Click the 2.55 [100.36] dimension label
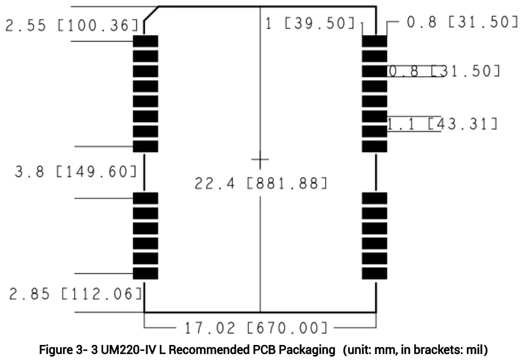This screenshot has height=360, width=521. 72,25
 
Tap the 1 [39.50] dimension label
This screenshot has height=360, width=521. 310,23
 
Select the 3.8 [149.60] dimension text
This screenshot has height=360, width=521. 76,171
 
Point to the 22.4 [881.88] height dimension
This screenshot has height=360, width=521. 261,183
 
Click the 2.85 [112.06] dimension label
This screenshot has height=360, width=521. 76,294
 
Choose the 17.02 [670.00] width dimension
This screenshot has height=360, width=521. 256,328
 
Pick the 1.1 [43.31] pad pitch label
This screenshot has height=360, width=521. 442,124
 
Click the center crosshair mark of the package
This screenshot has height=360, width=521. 260,160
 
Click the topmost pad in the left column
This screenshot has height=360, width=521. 146,41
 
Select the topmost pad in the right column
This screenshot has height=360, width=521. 375,41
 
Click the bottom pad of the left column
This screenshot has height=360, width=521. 146,274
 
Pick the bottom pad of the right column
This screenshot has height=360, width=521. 375,274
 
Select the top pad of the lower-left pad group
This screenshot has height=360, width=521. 146,198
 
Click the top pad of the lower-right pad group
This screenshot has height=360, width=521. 375,198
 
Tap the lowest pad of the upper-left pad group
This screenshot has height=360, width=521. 146,146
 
